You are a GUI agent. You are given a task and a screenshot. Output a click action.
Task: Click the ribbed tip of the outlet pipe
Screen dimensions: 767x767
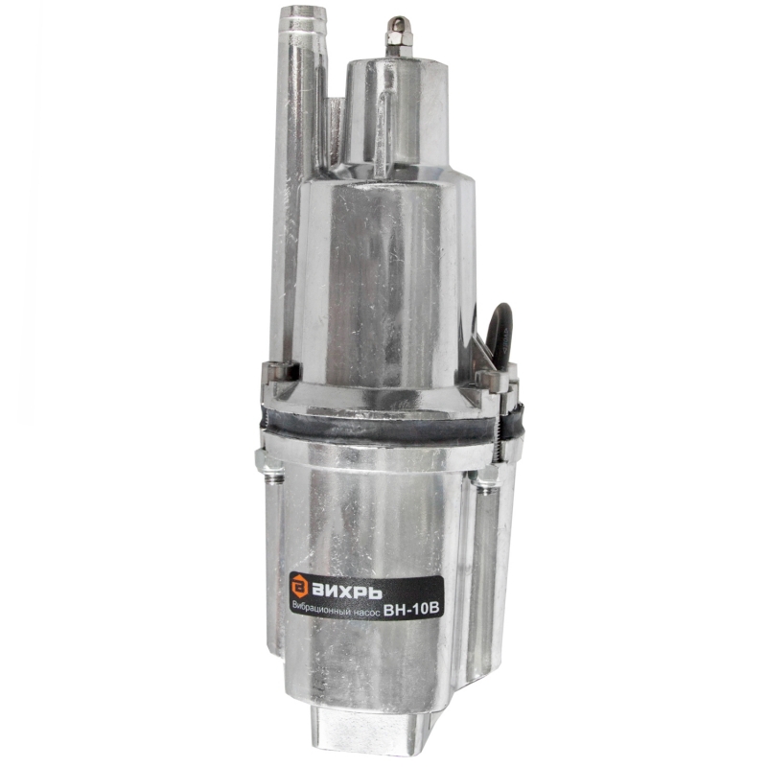[x=303, y=22]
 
